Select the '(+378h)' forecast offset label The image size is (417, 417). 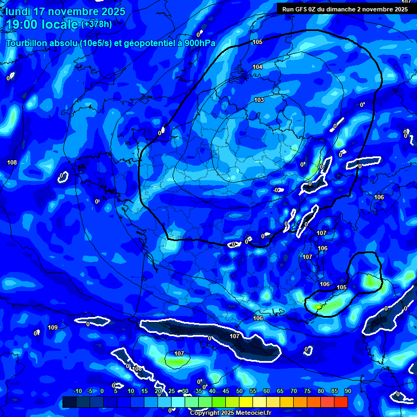click(97, 24)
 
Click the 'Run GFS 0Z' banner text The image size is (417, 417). click(301, 9)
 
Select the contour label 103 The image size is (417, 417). click(259, 100)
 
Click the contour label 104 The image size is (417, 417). click(257, 67)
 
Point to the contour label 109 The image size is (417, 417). click(53, 327)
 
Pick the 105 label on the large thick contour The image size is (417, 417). click(257, 42)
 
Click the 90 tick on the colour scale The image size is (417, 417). click(347, 391)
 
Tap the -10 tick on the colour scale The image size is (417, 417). click(77, 391)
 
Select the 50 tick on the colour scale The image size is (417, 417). click(239, 391)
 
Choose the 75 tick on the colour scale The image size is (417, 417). click(307, 391)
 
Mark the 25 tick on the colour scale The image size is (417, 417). click(172, 391)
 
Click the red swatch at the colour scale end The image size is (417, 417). click(340, 402)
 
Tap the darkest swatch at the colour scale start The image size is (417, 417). click(69, 402)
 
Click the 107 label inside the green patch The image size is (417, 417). click(179, 353)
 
